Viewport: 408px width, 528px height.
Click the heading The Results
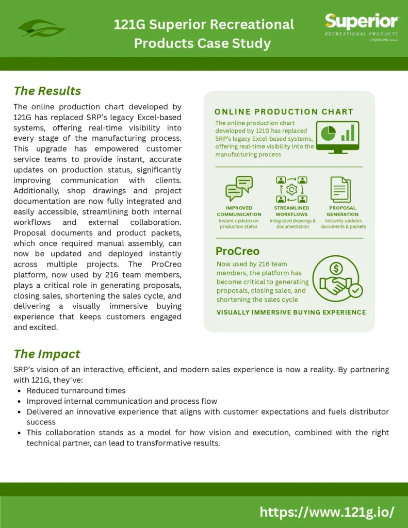tap(47, 91)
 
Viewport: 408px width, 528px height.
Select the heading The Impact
tap(47, 354)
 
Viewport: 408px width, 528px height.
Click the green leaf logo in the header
tap(41, 28)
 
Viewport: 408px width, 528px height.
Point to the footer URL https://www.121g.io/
tap(327, 512)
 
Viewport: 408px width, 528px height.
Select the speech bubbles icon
tap(239, 188)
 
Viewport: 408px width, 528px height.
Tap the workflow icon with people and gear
tap(291, 189)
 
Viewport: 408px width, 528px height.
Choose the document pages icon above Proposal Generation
tap(340, 189)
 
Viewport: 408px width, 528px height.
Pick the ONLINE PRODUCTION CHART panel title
tap(284, 111)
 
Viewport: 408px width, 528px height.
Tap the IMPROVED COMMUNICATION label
tap(239, 211)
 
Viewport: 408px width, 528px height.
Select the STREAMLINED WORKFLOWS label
tap(291, 211)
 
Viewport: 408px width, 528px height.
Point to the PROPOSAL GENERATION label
tap(342, 211)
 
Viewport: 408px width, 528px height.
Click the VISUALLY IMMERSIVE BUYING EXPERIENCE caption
tap(291, 312)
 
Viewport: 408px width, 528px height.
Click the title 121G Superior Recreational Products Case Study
tap(204, 34)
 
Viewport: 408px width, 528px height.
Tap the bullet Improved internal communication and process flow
tap(122, 401)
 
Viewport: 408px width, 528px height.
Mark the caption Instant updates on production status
tap(239, 224)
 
